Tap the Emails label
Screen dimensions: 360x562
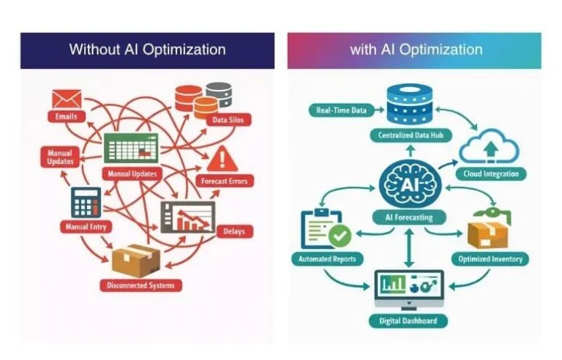pyautogui.click(x=66, y=116)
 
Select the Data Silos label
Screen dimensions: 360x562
pyautogui.click(x=228, y=119)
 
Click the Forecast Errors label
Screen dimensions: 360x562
pyautogui.click(x=223, y=181)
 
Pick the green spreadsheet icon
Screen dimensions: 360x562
pyautogui.click(x=131, y=148)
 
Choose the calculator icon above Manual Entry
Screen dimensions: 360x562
pyautogui.click(x=86, y=202)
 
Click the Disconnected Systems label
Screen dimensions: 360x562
pyautogui.click(x=141, y=285)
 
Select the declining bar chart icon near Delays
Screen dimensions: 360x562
pyautogui.click(x=188, y=217)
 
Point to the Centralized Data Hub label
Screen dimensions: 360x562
pyautogui.click(x=411, y=135)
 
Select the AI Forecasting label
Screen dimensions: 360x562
pyautogui.click(x=408, y=217)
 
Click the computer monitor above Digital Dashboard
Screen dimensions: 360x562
pyautogui.click(x=408, y=288)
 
